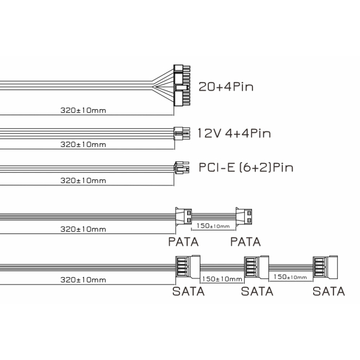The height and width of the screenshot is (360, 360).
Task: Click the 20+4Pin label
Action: coord(226,87)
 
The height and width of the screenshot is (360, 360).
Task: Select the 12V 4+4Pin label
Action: coord(234,133)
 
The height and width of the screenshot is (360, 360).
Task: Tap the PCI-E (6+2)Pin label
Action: coord(246,167)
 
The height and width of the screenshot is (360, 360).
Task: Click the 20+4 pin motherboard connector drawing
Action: coord(182,85)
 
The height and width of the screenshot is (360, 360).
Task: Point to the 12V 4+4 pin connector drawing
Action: coord(182,133)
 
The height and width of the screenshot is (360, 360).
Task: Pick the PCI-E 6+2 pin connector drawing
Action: coord(182,167)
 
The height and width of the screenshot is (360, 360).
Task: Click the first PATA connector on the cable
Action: coord(184,216)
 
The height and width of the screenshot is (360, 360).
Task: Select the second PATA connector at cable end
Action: coord(244,217)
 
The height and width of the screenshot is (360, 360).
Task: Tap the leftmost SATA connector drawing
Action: coord(188,267)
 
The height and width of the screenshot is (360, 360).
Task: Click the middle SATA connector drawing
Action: coord(256,267)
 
